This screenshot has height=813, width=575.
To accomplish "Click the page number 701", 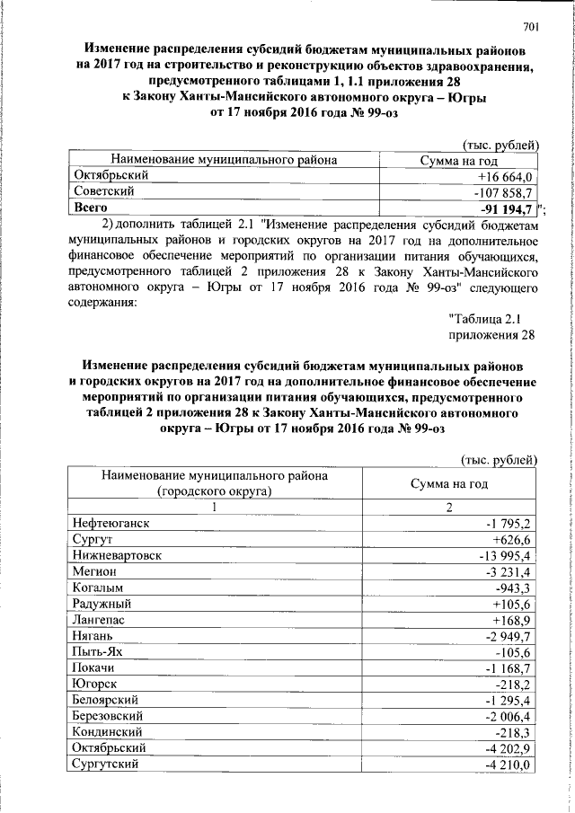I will pyautogui.click(x=529, y=26).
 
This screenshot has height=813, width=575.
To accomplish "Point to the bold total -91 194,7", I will pyautogui.click(x=504, y=208).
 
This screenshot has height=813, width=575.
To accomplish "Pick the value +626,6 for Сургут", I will pyautogui.click(x=513, y=540).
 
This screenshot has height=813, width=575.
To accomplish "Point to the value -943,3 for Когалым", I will pyautogui.click(x=515, y=588).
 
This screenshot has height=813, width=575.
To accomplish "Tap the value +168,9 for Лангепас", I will pyautogui.click(x=513, y=621).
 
